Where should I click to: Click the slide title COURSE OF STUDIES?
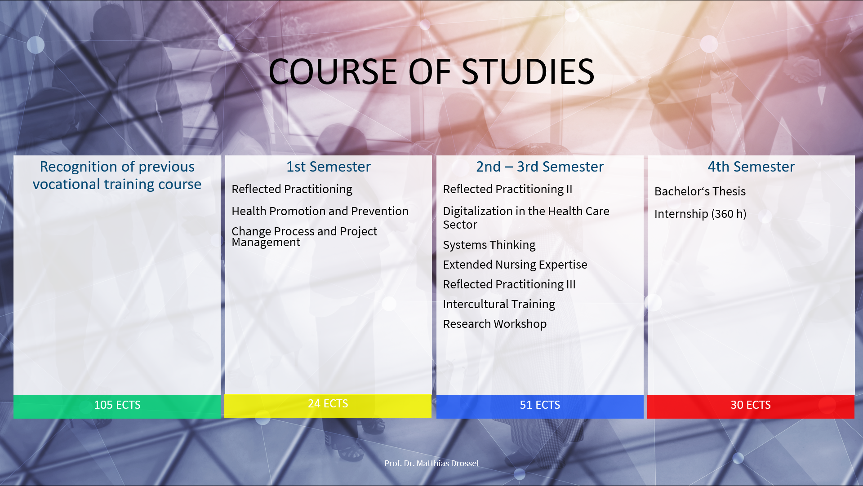click(x=431, y=72)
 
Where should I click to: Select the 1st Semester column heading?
click(x=329, y=167)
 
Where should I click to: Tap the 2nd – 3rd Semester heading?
click(x=540, y=167)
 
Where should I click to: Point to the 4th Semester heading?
click(x=751, y=167)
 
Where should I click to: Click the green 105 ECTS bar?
click(x=117, y=406)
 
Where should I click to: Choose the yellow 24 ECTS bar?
click(x=328, y=406)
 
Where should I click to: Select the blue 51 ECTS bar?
click(x=540, y=406)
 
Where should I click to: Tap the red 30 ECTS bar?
click(x=751, y=406)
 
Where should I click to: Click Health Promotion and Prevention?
click(x=320, y=211)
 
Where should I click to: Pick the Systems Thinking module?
click(x=489, y=245)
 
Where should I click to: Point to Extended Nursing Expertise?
click(x=515, y=265)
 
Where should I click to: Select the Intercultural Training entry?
click(x=499, y=304)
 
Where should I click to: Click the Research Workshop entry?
click(x=494, y=324)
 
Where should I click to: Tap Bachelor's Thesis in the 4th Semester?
click(x=700, y=191)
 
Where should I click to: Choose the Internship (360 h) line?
click(x=700, y=214)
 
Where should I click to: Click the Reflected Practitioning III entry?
click(x=509, y=284)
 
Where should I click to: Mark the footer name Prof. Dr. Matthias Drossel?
click(x=431, y=463)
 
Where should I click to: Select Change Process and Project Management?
click(x=304, y=237)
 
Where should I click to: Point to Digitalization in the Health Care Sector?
click(x=526, y=218)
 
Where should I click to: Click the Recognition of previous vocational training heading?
click(x=117, y=175)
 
